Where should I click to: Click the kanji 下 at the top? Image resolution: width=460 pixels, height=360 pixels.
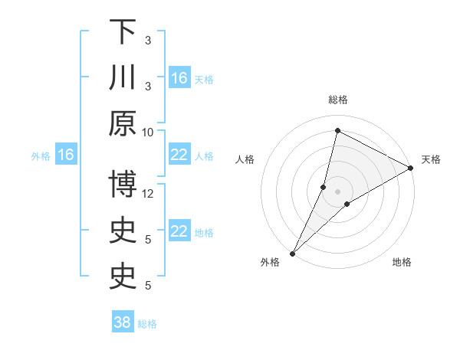point(123,33)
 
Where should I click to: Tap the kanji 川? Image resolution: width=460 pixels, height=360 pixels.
point(123,79)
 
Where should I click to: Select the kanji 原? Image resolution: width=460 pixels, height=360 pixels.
point(123,125)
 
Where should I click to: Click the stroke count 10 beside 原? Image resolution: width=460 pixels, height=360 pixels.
point(148,131)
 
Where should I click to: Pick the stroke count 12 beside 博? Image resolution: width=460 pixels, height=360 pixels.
point(148,193)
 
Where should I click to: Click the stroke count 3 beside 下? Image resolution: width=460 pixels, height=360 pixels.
point(148,40)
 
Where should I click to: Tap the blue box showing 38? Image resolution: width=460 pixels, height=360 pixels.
point(123,322)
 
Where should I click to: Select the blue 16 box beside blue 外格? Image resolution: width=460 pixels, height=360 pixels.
point(65,155)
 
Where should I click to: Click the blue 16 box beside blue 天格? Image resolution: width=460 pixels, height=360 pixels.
point(179,77)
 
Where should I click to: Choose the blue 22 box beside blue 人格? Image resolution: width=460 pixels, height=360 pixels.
point(179,155)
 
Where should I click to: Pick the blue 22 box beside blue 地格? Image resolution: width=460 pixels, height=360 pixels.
point(179,231)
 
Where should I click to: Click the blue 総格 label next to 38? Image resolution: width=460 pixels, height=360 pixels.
point(148,323)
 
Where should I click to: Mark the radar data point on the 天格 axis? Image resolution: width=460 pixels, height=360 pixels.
point(411,169)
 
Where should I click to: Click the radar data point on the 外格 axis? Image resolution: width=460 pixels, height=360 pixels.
point(292,253)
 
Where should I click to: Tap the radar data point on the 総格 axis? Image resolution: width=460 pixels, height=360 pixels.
point(337,130)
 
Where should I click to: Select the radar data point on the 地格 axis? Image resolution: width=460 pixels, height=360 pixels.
point(347,204)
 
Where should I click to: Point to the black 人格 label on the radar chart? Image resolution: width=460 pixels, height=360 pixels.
point(245,160)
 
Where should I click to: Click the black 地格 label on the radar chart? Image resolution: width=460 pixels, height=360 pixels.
point(402,263)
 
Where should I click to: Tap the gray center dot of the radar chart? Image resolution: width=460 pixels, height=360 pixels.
point(337,191)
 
